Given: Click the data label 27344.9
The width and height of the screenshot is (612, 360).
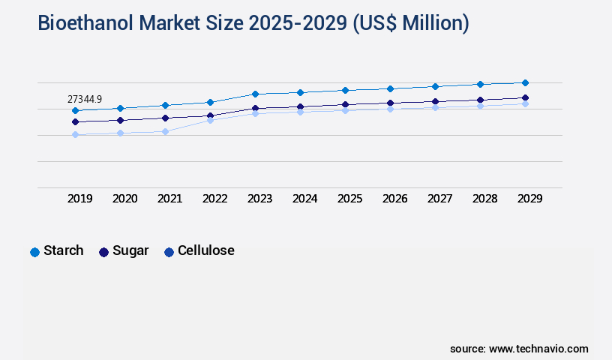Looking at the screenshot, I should click(x=85, y=99).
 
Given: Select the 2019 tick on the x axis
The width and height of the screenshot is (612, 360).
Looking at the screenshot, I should click(x=80, y=199).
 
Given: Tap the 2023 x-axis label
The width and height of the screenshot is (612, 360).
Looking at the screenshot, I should click(x=260, y=199).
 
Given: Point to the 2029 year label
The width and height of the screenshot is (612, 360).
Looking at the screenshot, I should click(x=529, y=199).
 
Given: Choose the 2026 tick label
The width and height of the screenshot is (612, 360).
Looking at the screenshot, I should click(x=395, y=199).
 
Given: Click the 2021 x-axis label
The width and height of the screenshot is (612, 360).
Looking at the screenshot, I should click(x=170, y=199).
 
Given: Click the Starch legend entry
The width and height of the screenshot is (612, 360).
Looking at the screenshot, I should click(x=57, y=250).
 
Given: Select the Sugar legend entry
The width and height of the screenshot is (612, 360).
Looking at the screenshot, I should click(x=124, y=250).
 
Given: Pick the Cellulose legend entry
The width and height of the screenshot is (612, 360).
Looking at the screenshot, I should click(x=199, y=250).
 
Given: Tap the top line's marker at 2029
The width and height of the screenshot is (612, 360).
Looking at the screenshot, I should click(x=525, y=82).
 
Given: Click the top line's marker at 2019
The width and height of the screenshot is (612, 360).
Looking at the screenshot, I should click(x=75, y=110).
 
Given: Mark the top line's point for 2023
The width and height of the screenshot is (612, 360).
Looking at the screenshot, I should click(x=255, y=94).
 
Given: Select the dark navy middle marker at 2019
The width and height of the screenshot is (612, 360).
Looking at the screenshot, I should click(x=75, y=121).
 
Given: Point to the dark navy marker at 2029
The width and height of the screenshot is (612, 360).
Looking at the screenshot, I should click(x=525, y=97).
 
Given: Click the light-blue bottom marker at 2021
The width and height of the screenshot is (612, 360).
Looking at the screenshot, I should click(x=165, y=131).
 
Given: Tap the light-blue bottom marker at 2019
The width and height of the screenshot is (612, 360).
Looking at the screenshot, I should click(x=75, y=134).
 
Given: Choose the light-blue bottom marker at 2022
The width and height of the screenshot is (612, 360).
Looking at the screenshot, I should click(x=210, y=120).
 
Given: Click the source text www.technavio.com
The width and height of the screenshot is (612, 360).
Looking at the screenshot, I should click(x=538, y=349).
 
